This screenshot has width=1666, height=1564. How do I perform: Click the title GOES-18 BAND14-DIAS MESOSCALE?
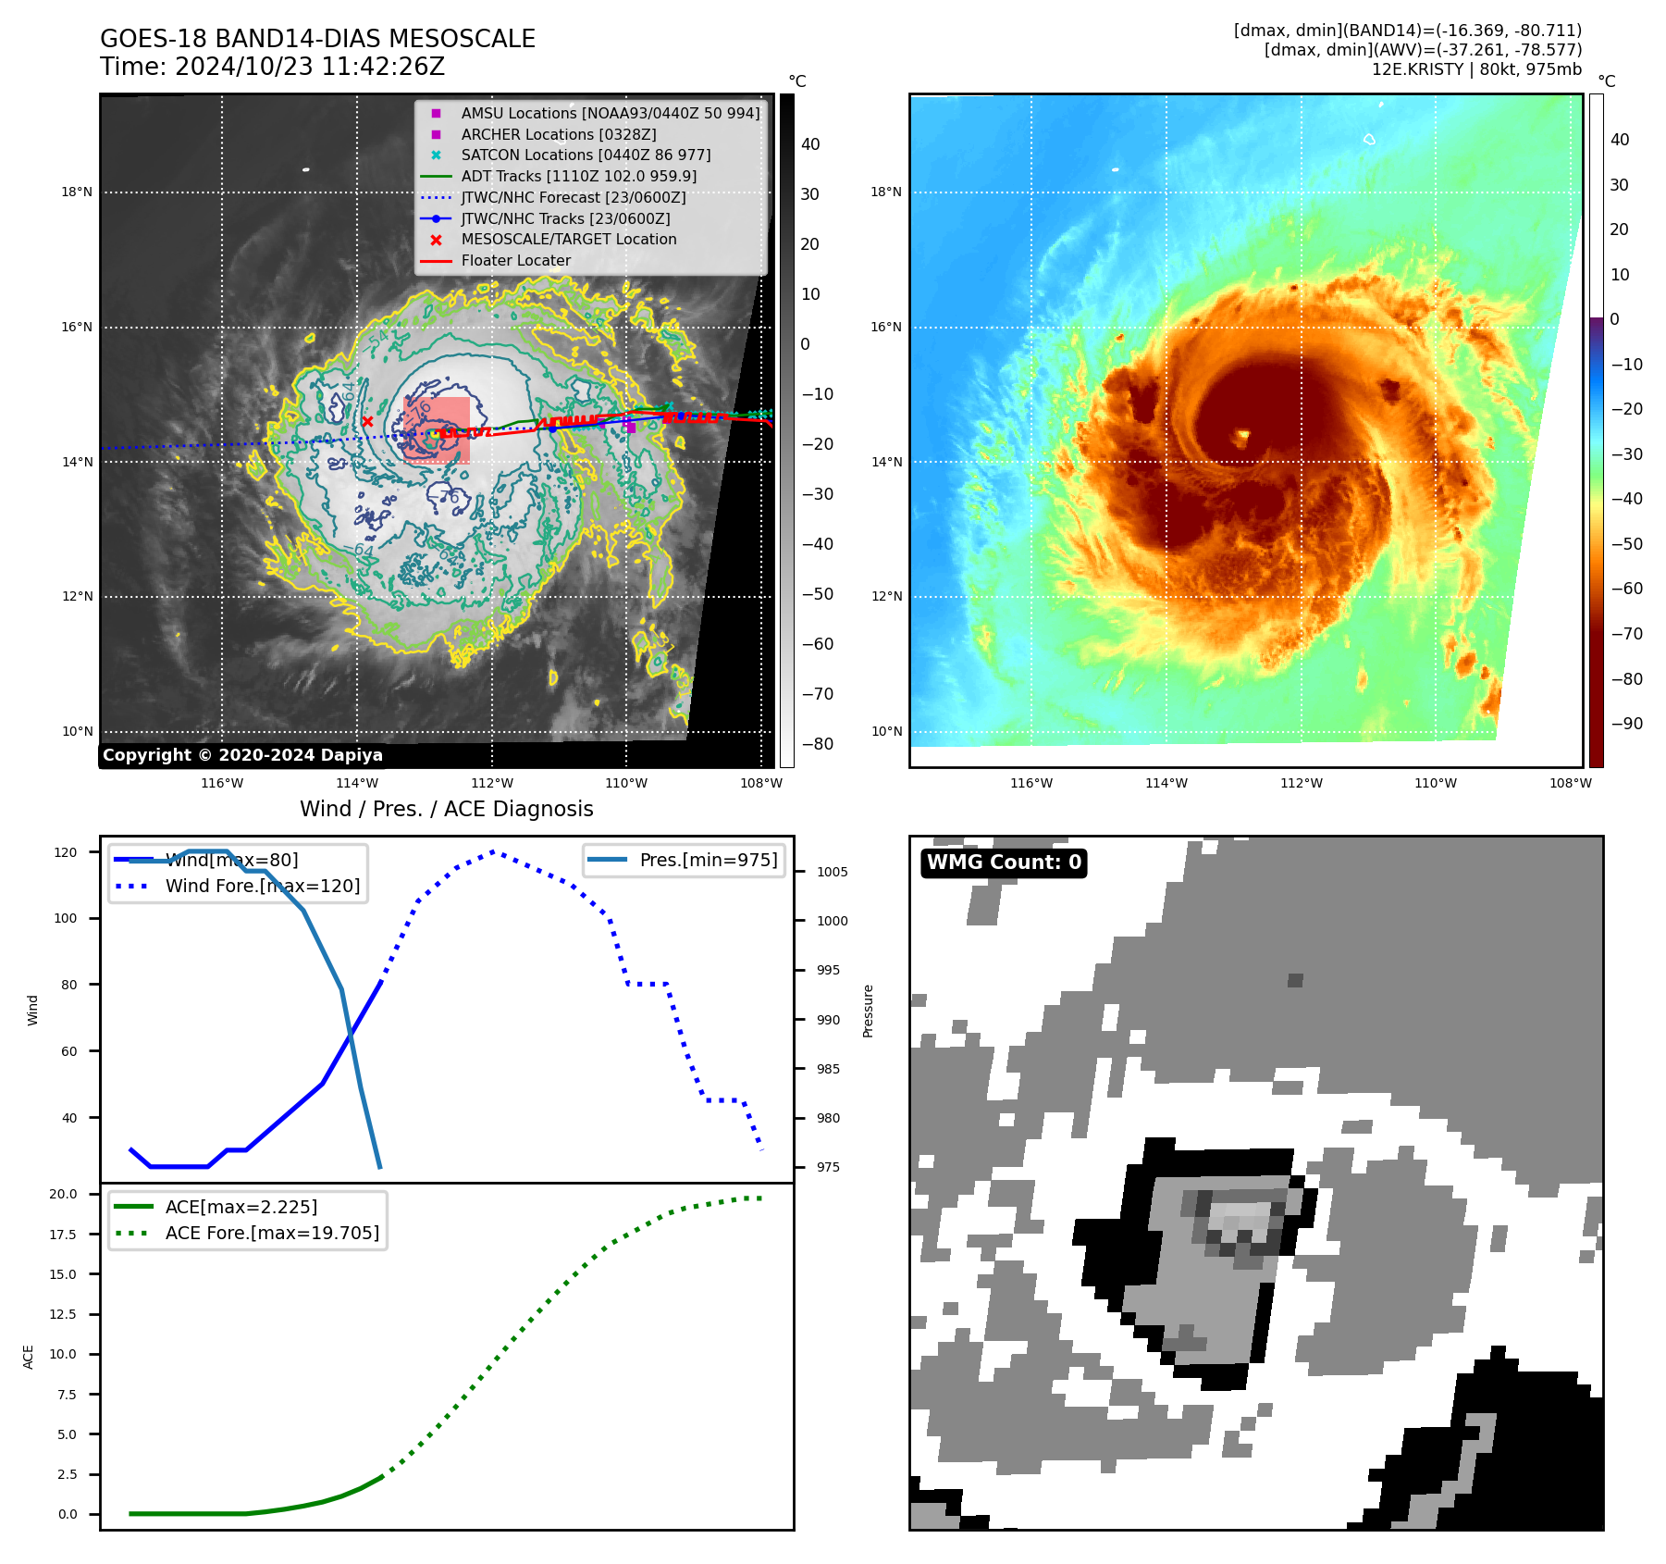coord(317,39)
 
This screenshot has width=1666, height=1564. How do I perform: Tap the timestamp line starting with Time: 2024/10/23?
coord(272,67)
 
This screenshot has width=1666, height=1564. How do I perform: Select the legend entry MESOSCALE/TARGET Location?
coord(568,239)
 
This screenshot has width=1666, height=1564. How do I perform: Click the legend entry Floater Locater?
coord(515,260)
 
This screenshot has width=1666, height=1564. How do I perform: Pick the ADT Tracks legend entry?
coord(578,176)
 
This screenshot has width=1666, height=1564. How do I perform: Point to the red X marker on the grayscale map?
coord(367,422)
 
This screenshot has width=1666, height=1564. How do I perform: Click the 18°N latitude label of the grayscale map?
coord(77,192)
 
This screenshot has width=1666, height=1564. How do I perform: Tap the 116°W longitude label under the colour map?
coord(1030,783)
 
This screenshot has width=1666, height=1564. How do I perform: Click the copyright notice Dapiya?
coord(242,755)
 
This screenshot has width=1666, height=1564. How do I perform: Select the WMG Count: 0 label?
coord(1004,863)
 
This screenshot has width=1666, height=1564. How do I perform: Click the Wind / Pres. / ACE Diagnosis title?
coord(446,809)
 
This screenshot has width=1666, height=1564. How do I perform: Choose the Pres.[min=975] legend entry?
coord(708,860)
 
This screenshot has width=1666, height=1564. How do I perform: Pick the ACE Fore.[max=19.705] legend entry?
coord(271,1233)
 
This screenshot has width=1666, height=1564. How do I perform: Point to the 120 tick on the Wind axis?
coord(66,852)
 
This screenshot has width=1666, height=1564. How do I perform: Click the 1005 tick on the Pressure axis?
coord(832,872)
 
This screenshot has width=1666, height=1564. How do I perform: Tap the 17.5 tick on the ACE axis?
coord(63,1235)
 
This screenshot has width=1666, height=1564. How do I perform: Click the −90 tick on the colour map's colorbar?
coord(1625,724)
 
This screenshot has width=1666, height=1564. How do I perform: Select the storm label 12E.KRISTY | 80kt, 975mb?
coord(1476,69)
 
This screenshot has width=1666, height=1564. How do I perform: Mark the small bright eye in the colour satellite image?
coord(1241,435)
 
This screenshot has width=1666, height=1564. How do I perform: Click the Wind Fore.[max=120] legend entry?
coord(262,886)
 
